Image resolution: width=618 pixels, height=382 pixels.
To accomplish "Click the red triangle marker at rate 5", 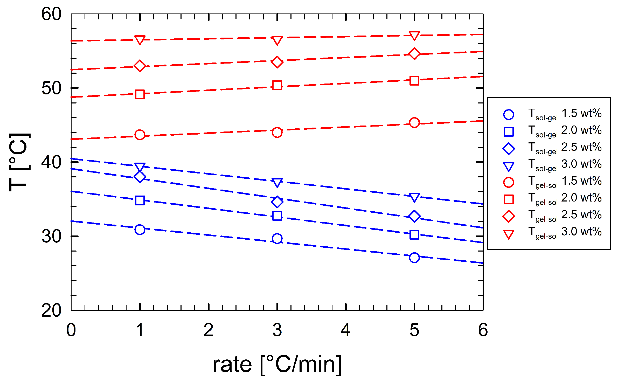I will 414,36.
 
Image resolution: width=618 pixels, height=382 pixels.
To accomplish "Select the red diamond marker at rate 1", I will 140,66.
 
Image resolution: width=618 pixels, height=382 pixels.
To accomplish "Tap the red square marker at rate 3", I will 277,85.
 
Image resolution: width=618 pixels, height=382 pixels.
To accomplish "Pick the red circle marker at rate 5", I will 414,123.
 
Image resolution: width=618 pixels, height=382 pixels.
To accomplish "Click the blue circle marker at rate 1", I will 140,230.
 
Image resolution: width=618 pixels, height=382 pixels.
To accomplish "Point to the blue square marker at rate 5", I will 414,235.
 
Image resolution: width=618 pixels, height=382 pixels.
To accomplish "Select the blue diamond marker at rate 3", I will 277,202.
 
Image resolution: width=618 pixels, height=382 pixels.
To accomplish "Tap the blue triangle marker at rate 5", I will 414,197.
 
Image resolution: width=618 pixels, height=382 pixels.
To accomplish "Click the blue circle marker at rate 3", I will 277,239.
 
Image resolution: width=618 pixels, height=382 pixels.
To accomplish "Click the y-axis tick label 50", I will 51,88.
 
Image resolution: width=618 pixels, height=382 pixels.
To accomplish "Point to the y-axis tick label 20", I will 51,310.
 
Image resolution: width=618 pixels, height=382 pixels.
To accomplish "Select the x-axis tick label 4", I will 345,330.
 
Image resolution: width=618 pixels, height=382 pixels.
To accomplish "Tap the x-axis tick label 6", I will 483,330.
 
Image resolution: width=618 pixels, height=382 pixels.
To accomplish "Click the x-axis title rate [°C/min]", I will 277,364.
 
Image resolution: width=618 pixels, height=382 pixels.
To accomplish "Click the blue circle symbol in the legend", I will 508,115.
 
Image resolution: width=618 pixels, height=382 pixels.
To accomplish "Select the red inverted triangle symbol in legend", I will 508,234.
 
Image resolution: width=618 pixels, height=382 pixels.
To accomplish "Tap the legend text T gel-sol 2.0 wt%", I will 565,199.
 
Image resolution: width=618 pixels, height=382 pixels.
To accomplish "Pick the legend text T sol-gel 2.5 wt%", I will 565,148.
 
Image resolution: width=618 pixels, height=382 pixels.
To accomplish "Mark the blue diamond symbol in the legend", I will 508,149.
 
